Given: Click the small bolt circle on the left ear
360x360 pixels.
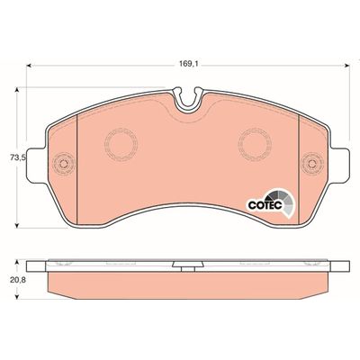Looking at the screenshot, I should [x=61, y=164].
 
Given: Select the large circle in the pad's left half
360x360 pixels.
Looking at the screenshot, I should [x=119, y=142].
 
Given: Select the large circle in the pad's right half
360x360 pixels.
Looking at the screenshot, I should [x=255, y=142].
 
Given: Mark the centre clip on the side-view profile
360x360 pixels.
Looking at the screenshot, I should [x=185, y=266].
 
